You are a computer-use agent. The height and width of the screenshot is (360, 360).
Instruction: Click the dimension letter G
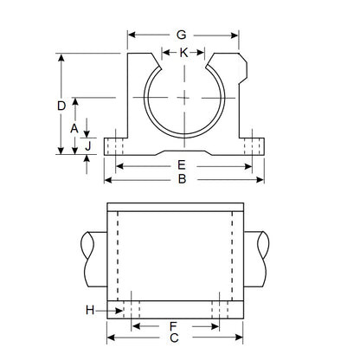tap(182, 35)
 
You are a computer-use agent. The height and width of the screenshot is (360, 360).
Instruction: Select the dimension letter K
tap(183, 53)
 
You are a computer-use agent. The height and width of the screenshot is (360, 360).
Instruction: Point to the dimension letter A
tap(75, 127)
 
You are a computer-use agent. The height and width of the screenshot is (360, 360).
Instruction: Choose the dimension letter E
tap(182, 164)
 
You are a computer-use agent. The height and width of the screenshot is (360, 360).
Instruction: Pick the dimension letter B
tap(182, 181)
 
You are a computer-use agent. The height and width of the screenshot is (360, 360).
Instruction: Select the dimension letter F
tap(173, 326)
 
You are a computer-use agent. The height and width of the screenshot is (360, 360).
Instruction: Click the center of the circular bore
tap(183, 97)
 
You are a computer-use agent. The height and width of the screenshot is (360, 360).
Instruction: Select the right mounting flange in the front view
tap(250, 145)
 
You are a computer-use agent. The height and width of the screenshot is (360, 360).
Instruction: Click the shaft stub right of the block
tap(265, 260)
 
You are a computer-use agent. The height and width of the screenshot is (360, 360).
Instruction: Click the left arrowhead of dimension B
tap(107, 181)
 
